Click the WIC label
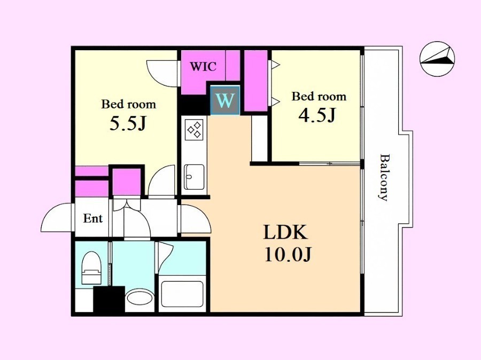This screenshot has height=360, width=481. coord(203,66)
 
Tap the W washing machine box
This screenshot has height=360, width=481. coord(225,100)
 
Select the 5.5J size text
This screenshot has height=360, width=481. coord(128,123)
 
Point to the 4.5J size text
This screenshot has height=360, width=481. coord(317,115)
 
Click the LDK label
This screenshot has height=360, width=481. coord(285,232)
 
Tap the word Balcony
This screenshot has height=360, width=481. coord(383,177)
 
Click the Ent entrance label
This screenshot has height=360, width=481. coord(92,218)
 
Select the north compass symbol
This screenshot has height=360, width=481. coord(437,59)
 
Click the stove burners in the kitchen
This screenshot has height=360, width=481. coord(194,129)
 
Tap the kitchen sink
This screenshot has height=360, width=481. coord(194,177)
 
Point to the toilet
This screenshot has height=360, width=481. coord(91,268)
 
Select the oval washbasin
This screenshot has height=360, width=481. coord(139,297)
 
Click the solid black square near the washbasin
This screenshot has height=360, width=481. coord(109,299)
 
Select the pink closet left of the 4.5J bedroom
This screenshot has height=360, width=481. coord(256,81)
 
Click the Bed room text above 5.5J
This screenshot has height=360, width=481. coord(128,104)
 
